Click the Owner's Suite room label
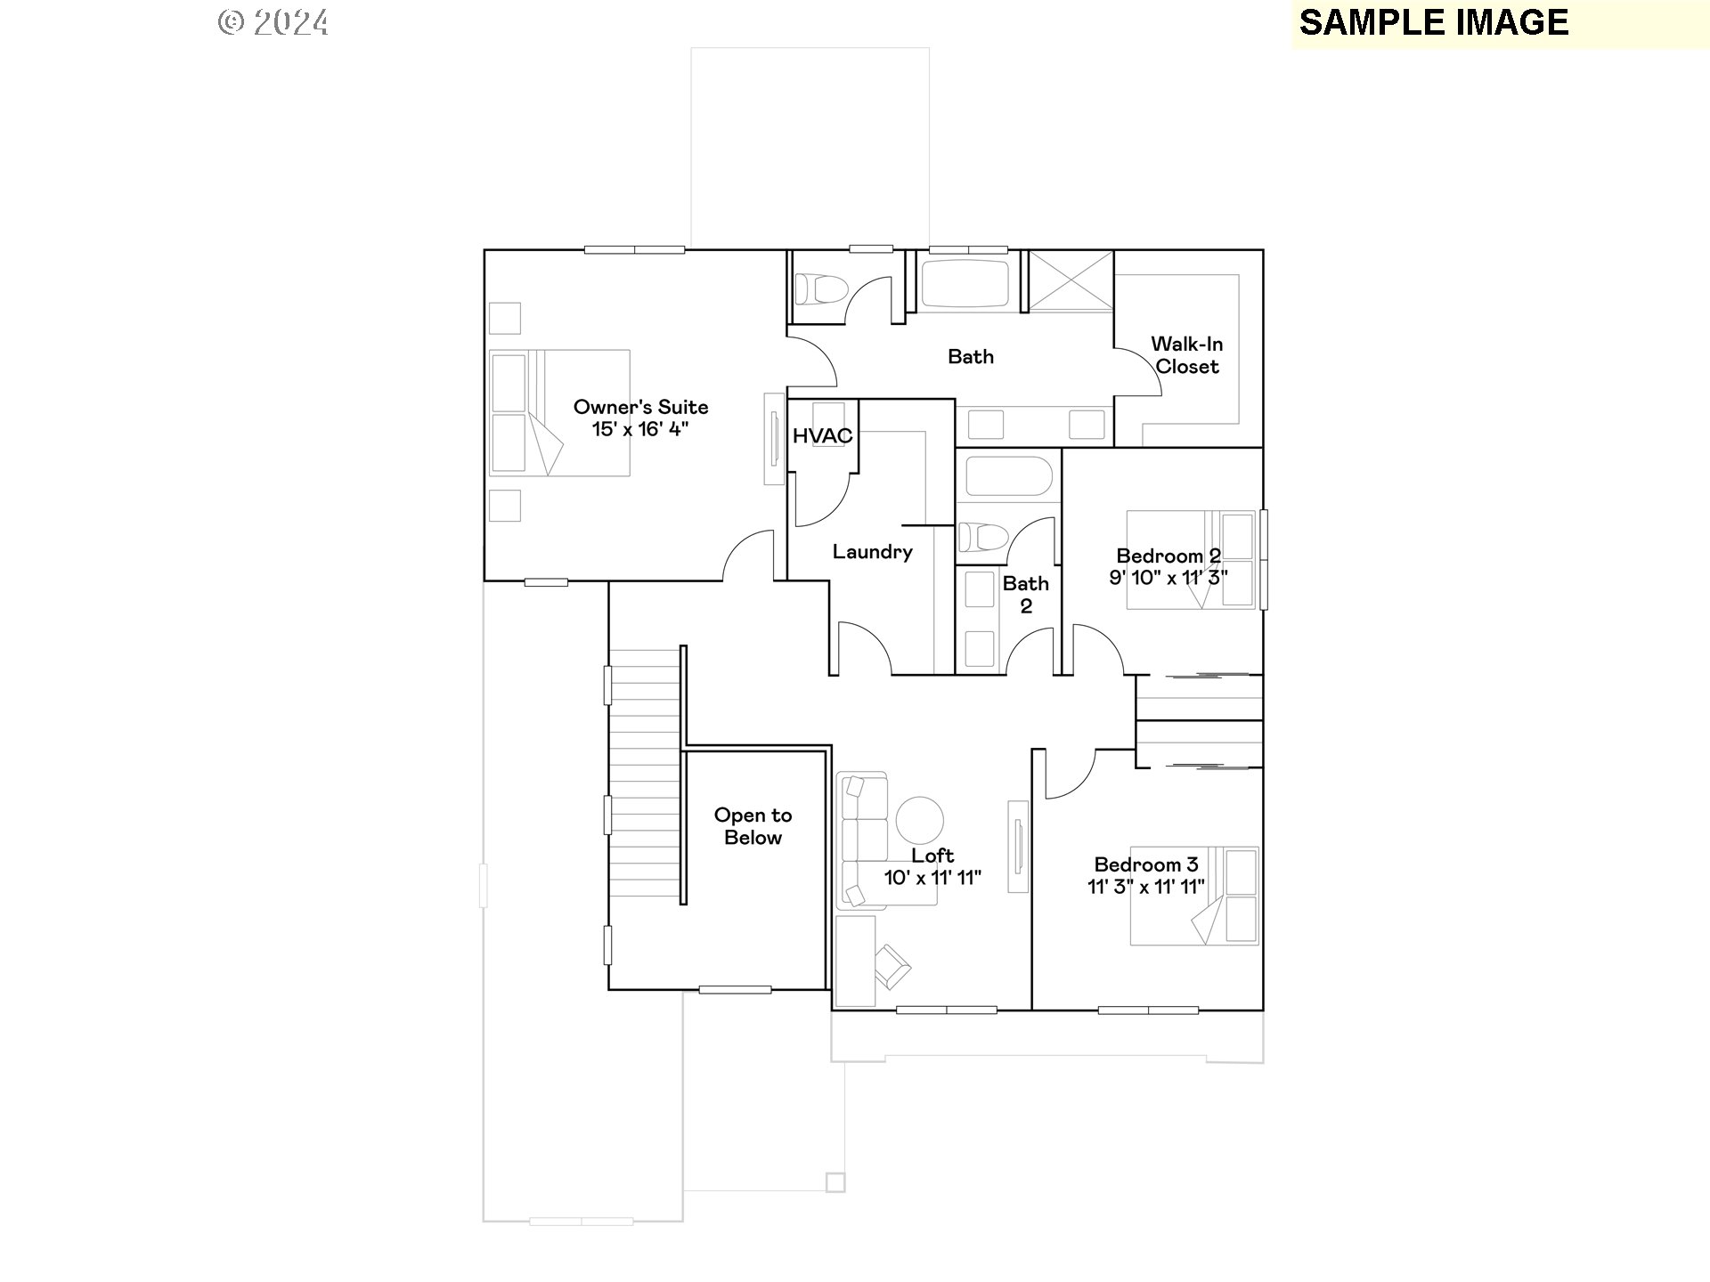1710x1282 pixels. click(640, 407)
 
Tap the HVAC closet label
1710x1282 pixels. click(822, 436)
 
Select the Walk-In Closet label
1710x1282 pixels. click(1186, 355)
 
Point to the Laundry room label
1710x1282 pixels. click(872, 552)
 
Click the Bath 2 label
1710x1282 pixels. click(1025, 595)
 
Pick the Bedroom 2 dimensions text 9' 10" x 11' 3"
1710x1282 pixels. click(1168, 578)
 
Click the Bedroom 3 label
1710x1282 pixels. click(1145, 864)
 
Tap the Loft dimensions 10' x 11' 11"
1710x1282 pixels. click(932, 878)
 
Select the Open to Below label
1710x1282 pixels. click(753, 826)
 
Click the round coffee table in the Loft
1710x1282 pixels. click(919, 820)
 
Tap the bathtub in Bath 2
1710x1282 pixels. click(1008, 477)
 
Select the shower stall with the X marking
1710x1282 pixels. click(1071, 280)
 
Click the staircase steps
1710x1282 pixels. click(645, 775)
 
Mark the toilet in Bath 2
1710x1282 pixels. click(981, 538)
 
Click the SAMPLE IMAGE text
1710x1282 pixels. click(1433, 23)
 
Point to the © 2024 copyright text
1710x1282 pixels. click(273, 23)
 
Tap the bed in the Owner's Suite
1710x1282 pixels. click(559, 413)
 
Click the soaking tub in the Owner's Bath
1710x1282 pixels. click(965, 283)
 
